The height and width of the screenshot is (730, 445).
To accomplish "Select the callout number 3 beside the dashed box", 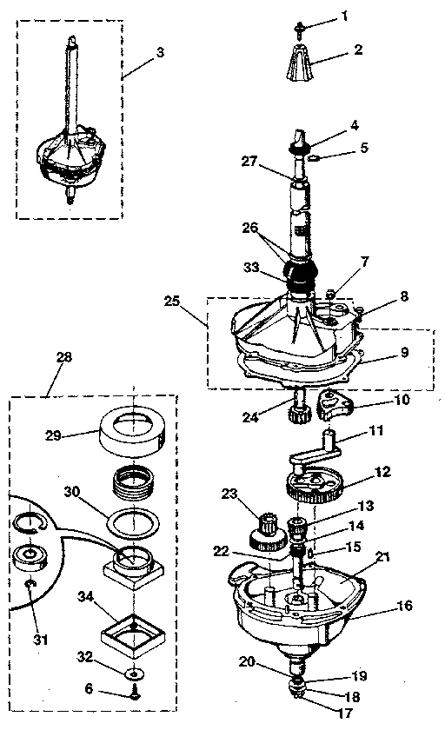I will [159, 53].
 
